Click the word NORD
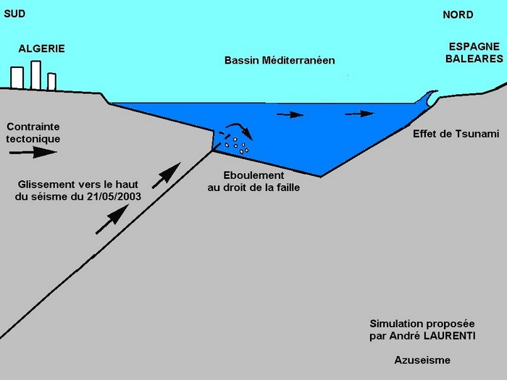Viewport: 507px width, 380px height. point(458,14)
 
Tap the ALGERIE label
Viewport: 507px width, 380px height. point(41,48)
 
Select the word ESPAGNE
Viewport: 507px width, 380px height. point(470,46)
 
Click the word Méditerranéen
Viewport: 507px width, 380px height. point(298,61)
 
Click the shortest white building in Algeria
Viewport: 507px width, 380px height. point(51,81)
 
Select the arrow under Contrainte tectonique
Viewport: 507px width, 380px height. point(33,152)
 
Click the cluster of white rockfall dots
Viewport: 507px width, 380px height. point(237,145)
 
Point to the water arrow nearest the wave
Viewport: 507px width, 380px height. point(360,113)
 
